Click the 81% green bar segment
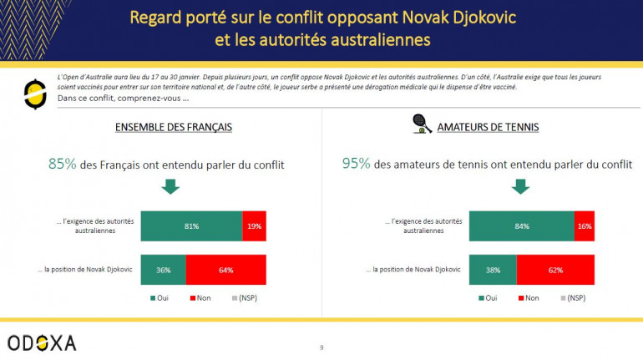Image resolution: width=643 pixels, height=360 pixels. click(191, 226)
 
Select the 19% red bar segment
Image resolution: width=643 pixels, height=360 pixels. click(254, 226)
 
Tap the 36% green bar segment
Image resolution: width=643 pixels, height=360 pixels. click(164, 270)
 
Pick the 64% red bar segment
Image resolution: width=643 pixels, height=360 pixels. click(226, 270)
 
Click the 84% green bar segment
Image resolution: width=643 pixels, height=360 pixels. click(521, 226)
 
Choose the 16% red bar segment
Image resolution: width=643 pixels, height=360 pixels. click(585, 226)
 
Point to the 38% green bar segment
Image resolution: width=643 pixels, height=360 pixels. click(493, 270)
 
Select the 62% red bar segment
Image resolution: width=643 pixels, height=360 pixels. click(555, 270)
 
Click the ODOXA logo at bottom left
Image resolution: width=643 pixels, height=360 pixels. click(42, 342)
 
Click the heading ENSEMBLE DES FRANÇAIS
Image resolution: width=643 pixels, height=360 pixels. click(173, 127)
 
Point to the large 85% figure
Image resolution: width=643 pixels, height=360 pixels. click(63, 165)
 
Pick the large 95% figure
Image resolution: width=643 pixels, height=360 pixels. click(357, 165)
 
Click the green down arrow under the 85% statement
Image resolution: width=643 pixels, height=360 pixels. click(170, 187)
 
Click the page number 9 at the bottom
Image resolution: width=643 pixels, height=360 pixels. click(321, 347)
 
